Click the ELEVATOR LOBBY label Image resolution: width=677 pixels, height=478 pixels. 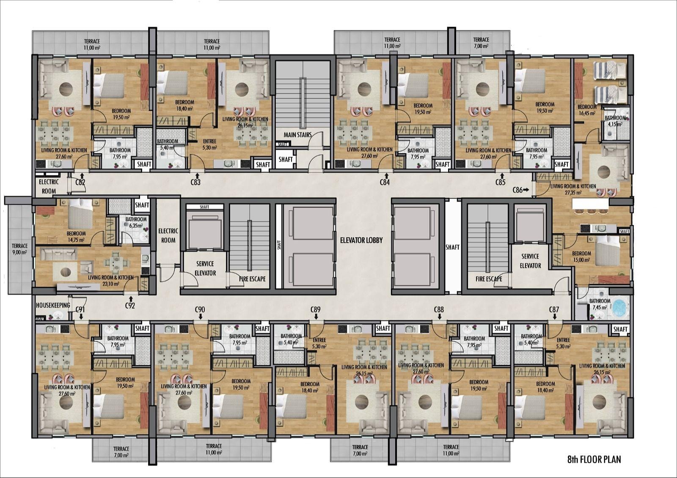pyautogui.click(x=361, y=240)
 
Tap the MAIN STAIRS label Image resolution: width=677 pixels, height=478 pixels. pyautogui.click(x=297, y=135)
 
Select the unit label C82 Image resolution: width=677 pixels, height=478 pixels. pyautogui.click(x=80, y=182)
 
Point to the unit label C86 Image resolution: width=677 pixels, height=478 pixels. pyautogui.click(x=518, y=190)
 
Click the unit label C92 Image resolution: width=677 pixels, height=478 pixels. pyautogui.click(x=130, y=306)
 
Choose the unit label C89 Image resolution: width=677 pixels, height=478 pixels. pyautogui.click(x=316, y=309)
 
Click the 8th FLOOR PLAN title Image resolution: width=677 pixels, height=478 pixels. pyautogui.click(x=594, y=459)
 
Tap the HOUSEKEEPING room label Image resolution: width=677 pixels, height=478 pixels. pyautogui.click(x=53, y=305)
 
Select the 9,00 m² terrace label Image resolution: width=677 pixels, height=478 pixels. pyautogui.click(x=19, y=249)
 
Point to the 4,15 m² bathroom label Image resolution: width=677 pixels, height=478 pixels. pyautogui.click(x=615, y=121)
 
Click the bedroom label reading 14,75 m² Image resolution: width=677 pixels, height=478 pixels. pyautogui.click(x=76, y=237)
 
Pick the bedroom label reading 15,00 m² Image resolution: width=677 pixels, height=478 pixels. pyautogui.click(x=581, y=257)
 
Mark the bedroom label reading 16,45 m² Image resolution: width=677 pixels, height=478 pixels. pyautogui.click(x=587, y=110)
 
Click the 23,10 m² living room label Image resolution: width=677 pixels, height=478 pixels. pyautogui.click(x=110, y=281)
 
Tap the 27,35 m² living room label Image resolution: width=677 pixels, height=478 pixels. pyautogui.click(x=573, y=189)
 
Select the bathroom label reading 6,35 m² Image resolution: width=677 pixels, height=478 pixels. pyautogui.click(x=136, y=222)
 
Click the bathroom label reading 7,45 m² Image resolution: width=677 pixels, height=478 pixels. pyautogui.click(x=600, y=304)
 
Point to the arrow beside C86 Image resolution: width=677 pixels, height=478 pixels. pyautogui.click(x=526, y=190)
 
